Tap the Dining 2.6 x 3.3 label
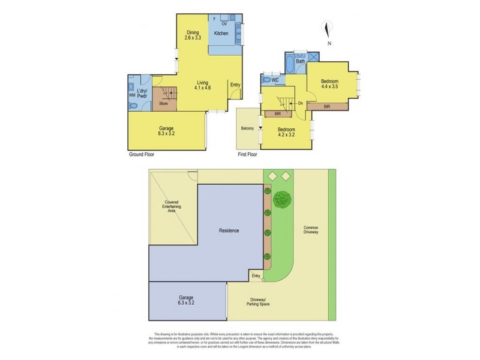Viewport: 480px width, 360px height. (192, 35)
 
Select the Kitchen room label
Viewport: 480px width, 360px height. (221, 34)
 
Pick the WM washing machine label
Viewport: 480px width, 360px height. (133, 95)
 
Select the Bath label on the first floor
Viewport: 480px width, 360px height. (301, 61)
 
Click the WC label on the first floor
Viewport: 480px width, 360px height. (274, 80)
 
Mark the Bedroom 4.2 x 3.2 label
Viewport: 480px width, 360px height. (286, 133)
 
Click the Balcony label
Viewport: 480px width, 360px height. (247, 128)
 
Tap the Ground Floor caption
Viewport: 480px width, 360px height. (143, 154)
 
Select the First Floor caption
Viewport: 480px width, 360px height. (250, 154)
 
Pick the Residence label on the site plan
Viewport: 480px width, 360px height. (229, 230)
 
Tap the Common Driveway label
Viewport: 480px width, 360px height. (311, 231)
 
